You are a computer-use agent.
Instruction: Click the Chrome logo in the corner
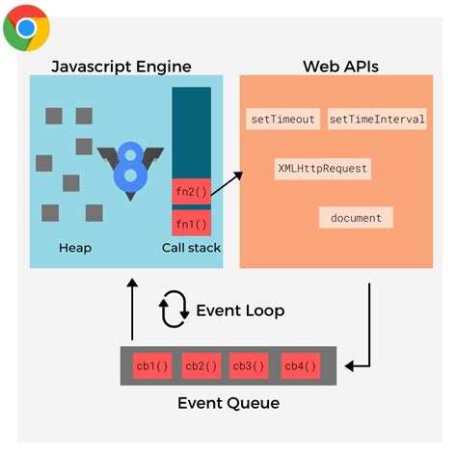pyautogui.click(x=27, y=27)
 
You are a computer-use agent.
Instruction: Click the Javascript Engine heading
pyautogui.click(x=121, y=67)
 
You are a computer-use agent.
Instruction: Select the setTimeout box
pyautogui.click(x=282, y=120)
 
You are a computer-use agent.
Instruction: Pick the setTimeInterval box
pyautogui.click(x=377, y=120)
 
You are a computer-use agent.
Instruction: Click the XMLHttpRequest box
pyautogui.click(x=322, y=169)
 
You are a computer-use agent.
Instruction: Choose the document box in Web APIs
pyautogui.click(x=356, y=218)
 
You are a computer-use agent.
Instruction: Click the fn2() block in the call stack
pyautogui.click(x=191, y=192)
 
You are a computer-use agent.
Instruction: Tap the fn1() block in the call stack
pyautogui.click(x=191, y=224)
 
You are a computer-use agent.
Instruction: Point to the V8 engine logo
pyautogui.click(x=129, y=169)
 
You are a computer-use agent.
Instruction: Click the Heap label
pyautogui.click(x=74, y=248)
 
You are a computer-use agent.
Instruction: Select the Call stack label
pyautogui.click(x=191, y=248)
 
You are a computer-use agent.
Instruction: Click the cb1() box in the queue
pyautogui.click(x=153, y=366)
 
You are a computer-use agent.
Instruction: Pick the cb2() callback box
pyautogui.click(x=202, y=366)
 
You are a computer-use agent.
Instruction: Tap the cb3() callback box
pyautogui.click(x=252, y=366)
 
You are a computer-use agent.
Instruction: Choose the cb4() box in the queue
pyautogui.click(x=301, y=366)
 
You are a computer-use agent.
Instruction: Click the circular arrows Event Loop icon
pyautogui.click(x=174, y=309)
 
